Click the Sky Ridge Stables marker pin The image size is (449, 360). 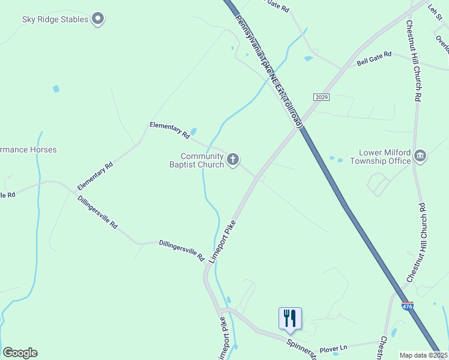(x=98, y=19)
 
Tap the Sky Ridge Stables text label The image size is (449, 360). (x=55, y=19)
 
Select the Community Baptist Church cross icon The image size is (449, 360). (x=233, y=160)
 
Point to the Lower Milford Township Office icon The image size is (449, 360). (x=420, y=157)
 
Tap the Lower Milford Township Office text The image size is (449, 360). (x=385, y=157)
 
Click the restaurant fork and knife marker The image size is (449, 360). (x=290, y=318)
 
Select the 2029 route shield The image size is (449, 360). (x=321, y=97)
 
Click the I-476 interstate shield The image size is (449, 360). (x=407, y=305)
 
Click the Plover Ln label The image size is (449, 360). (x=333, y=349)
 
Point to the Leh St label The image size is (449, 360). (x=435, y=10)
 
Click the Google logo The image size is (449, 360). (x=20, y=353)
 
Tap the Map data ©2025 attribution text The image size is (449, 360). (x=423, y=355)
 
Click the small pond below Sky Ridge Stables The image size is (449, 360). (x=56, y=89)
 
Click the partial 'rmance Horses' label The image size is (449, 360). (x=28, y=149)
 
